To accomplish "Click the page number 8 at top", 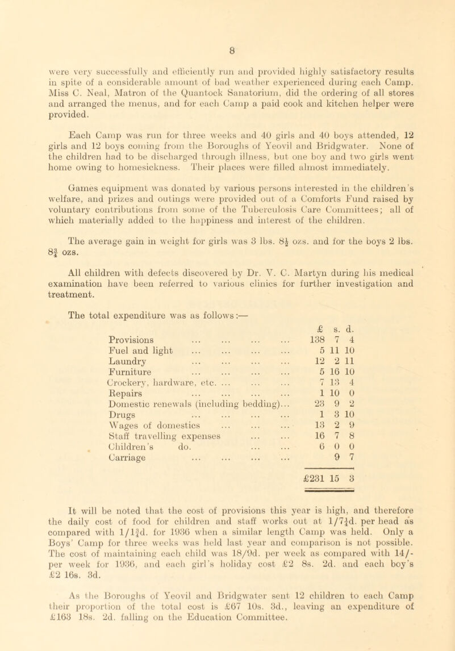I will [x=227, y=8].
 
